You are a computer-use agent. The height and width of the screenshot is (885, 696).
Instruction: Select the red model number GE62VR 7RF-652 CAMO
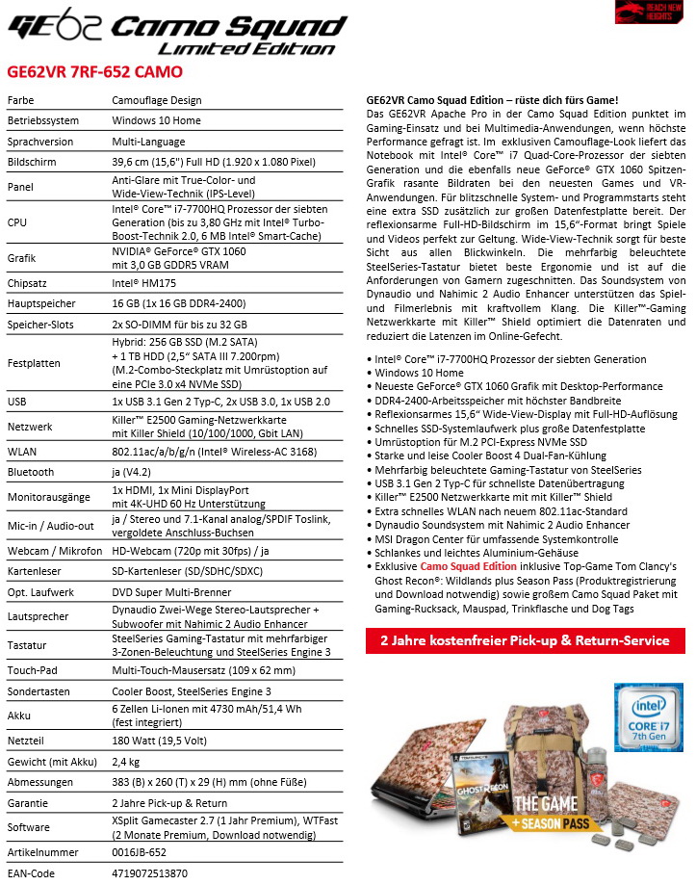(94, 71)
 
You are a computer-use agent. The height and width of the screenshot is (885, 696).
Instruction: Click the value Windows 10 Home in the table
(156, 120)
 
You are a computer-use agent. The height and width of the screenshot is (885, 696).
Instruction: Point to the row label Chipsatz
(28, 283)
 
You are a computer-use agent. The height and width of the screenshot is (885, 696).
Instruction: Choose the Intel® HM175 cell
(145, 283)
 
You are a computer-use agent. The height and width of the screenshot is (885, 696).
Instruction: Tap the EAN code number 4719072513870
(149, 872)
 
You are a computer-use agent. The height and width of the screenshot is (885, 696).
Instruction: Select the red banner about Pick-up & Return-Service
(525, 640)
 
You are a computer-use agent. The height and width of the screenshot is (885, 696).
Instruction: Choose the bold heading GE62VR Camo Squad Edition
(492, 101)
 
